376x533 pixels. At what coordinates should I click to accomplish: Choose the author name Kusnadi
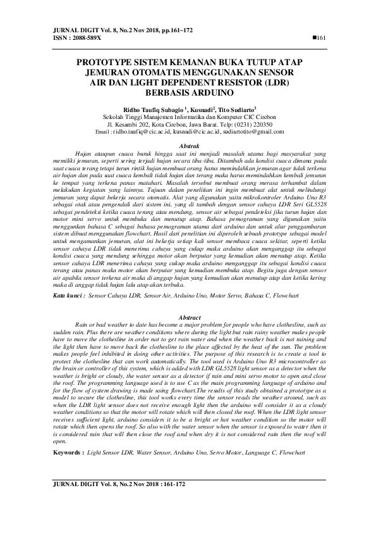202,109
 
